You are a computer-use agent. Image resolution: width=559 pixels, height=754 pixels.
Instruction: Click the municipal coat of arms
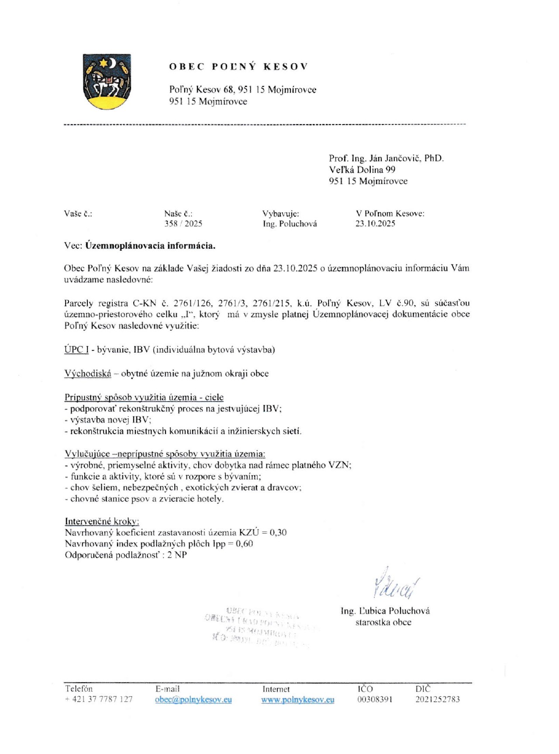107,81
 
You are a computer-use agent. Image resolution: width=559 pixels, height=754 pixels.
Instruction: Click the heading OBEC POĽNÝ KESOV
238,66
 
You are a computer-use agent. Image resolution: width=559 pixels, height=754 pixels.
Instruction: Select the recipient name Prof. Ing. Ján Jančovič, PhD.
386,158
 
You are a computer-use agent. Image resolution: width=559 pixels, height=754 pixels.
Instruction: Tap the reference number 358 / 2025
183,223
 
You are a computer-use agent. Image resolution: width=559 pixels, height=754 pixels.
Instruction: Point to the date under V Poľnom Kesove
375,223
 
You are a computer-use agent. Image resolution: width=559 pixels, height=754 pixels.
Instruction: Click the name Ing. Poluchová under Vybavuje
290,223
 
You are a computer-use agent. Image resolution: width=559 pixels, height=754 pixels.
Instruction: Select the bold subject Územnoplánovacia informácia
150,246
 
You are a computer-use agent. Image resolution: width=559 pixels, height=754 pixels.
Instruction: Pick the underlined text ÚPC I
76,349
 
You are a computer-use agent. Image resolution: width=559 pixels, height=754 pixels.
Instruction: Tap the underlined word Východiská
88,373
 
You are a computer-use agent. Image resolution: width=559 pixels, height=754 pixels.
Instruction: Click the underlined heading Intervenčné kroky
102,521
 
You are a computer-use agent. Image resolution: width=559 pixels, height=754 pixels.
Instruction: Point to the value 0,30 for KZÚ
278,532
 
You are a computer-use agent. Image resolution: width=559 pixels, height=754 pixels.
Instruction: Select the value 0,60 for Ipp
244,544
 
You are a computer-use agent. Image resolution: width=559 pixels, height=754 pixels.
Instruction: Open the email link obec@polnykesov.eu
193,699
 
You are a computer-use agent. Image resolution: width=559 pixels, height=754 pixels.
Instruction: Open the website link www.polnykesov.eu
298,699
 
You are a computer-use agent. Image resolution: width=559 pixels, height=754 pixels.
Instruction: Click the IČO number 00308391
375,699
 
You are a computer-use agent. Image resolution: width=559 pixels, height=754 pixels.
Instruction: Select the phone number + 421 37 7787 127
99,699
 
